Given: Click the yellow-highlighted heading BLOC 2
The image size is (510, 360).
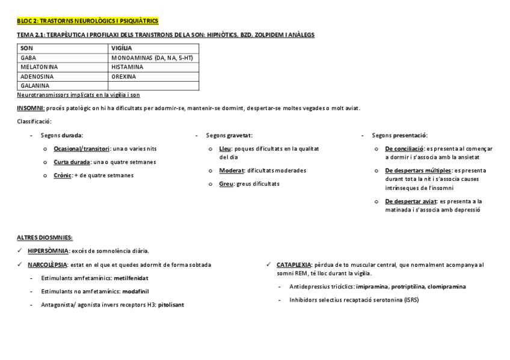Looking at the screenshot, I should (88, 21).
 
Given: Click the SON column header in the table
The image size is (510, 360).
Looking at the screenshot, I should (27, 48).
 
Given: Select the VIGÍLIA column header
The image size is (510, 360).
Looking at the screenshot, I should (121, 48).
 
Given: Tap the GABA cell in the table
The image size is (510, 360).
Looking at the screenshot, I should (28, 58).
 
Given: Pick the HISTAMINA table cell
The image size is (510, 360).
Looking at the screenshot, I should (127, 67).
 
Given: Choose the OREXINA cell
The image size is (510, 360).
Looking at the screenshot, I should (124, 76).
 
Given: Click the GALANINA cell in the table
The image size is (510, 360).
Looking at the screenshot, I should (35, 85).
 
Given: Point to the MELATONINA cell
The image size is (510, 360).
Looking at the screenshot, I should (39, 67).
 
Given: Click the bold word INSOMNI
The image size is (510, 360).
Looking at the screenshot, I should (30, 108).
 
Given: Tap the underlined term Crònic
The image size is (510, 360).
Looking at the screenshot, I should (62, 175).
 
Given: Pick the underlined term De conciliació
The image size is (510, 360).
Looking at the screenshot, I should (404, 148).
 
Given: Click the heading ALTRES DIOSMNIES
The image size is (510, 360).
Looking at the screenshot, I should (45, 238).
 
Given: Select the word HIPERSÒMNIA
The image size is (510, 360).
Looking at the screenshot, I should (48, 251).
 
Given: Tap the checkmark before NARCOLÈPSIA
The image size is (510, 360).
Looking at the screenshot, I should (20, 265).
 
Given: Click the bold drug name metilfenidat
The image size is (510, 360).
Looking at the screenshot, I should (131, 278).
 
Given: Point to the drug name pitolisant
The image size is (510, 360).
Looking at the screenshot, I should (171, 305).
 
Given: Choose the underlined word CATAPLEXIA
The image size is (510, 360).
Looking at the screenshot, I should (294, 264).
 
